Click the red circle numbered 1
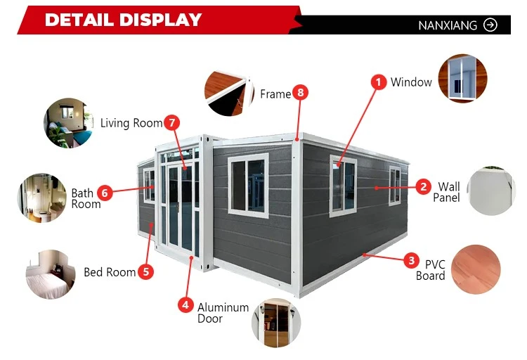coord(379,82)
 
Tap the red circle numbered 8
coord(300,93)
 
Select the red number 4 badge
coord(186,305)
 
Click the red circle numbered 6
coord(105,193)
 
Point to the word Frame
coord(275,94)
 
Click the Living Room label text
coord(131,123)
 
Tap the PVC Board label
coord(431,270)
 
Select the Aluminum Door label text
coord(223,313)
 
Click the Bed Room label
coord(110,272)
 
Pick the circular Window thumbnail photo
coord(463,78)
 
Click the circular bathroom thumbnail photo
coord(42,198)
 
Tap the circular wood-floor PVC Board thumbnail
coord(476,269)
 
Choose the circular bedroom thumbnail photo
coord(51,274)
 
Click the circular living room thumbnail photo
coord(68,123)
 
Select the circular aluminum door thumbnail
coord(276,323)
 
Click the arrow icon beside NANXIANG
coord(490,25)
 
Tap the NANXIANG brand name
coord(448,25)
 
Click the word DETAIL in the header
coord(81,20)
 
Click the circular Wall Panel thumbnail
coord(491,191)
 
